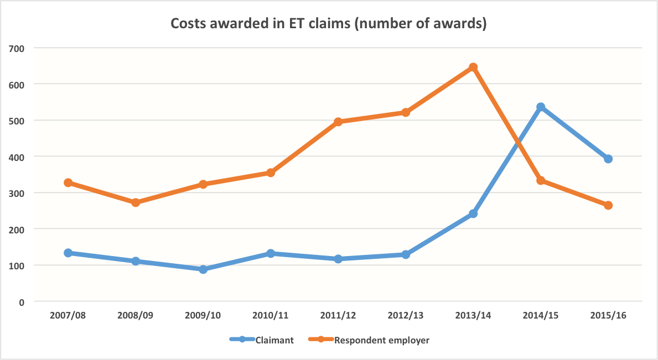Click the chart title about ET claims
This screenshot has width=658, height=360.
(x=328, y=24)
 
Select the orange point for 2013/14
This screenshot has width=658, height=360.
(x=473, y=67)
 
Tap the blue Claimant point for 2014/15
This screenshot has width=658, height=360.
(x=541, y=107)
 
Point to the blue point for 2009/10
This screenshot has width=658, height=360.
(x=203, y=269)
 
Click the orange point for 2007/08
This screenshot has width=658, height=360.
(x=68, y=182)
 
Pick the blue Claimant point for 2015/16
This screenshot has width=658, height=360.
(x=608, y=159)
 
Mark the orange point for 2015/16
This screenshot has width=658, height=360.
(x=608, y=205)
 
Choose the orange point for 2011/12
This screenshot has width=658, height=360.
(x=338, y=122)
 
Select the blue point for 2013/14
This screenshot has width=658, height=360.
(x=473, y=213)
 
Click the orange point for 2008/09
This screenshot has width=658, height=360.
(x=136, y=202)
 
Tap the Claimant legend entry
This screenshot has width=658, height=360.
(x=262, y=340)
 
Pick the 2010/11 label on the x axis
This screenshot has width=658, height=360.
(x=271, y=315)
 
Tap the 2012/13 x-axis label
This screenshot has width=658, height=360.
(x=406, y=315)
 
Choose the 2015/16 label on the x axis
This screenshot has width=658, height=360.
(x=608, y=315)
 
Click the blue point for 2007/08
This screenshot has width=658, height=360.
(x=68, y=253)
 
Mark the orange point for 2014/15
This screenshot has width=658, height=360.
(x=541, y=180)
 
